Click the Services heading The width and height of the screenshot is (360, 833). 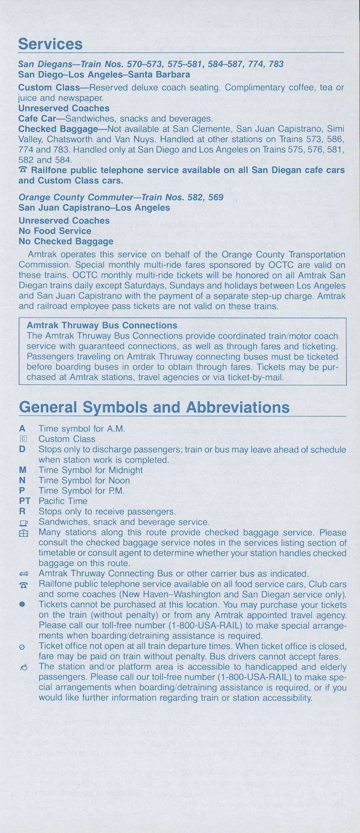tap(50, 44)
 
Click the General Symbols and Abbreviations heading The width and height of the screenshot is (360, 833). tap(154, 407)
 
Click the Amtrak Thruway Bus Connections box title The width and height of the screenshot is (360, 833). tap(102, 326)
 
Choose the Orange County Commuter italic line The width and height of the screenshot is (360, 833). tap(121, 197)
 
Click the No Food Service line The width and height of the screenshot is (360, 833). tap(55, 231)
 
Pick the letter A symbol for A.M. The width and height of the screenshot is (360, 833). tap(22, 429)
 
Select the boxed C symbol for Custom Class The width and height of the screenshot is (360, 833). tap(22, 439)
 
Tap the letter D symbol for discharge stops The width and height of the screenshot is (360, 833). tap(22, 449)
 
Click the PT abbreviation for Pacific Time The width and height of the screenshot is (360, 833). tap(24, 501)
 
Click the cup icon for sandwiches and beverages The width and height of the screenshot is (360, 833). tap(22, 522)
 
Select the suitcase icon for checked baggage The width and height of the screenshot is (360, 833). tap(22, 533)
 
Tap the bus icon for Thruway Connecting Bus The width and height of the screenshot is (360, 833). tap(22, 574)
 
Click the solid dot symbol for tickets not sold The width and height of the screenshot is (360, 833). tap(22, 605)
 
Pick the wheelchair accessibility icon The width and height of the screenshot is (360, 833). tap(22, 667)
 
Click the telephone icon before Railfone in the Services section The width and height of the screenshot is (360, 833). tap(23, 170)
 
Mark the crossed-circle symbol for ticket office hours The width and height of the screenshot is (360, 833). tap(22, 647)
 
